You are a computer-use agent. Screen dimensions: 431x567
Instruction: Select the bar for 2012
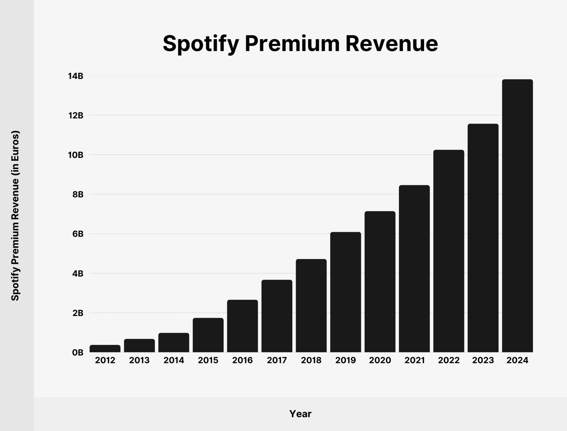pyautogui.click(x=105, y=349)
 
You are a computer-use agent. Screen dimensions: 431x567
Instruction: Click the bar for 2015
pyautogui.click(x=208, y=335)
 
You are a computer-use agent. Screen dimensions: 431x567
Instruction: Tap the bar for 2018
pyautogui.click(x=311, y=305)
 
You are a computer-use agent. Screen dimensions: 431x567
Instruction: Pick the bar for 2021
pyautogui.click(x=414, y=269)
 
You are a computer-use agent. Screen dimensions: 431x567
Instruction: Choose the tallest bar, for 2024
pyautogui.click(x=517, y=216)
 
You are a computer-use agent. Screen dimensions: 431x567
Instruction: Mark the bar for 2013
pyautogui.click(x=139, y=345)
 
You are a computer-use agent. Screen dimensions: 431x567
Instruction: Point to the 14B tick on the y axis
pyautogui.click(x=76, y=76)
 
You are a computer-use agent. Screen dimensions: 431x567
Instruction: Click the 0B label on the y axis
pyautogui.click(x=77, y=352)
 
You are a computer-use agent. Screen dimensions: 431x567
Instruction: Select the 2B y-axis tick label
pyautogui.click(x=78, y=313)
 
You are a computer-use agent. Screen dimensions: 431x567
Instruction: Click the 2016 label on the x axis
pyautogui.click(x=242, y=360)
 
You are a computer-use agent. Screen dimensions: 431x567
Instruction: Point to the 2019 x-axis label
pyautogui.click(x=345, y=360)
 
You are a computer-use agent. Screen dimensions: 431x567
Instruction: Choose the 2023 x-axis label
pyautogui.click(x=483, y=360)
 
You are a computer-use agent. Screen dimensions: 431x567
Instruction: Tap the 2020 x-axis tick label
pyautogui.click(x=380, y=360)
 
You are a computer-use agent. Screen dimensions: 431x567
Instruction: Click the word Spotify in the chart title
pyautogui.click(x=201, y=44)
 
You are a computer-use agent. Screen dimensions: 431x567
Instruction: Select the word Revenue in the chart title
pyautogui.click(x=392, y=44)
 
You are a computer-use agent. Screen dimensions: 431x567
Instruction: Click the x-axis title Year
pyautogui.click(x=300, y=414)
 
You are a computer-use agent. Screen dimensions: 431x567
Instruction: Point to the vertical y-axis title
pyautogui.click(x=15, y=216)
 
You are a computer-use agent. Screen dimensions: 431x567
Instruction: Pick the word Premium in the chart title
pyautogui.click(x=292, y=44)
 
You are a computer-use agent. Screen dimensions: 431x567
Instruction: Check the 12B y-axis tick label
pyautogui.click(x=76, y=116)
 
